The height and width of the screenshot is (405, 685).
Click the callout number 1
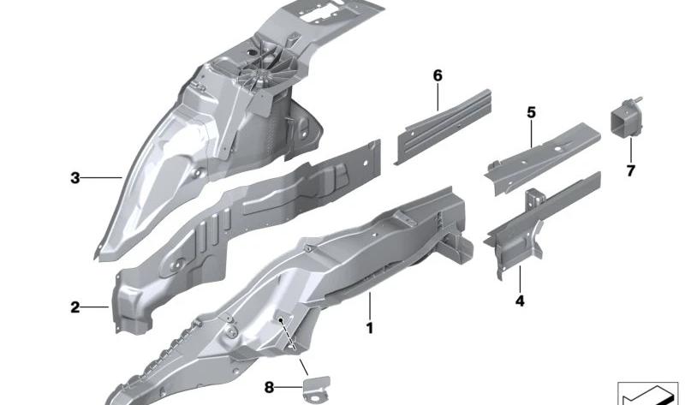point(370,328)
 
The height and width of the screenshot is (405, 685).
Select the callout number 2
point(75,307)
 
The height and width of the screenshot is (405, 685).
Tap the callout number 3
point(75,178)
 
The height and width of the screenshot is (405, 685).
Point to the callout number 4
point(520,301)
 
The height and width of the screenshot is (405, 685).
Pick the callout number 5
point(531,113)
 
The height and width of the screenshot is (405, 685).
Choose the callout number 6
point(438,76)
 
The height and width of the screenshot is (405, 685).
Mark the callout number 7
point(630,171)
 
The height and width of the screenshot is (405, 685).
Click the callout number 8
point(269,387)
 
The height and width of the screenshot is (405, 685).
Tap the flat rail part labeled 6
point(443,126)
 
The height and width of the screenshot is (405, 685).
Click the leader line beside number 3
point(101,177)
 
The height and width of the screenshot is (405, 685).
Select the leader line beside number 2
point(94,307)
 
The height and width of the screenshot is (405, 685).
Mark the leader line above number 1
point(370,307)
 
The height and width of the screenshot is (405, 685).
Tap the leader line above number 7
point(631,150)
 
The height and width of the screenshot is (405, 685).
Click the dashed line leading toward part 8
point(289,334)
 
